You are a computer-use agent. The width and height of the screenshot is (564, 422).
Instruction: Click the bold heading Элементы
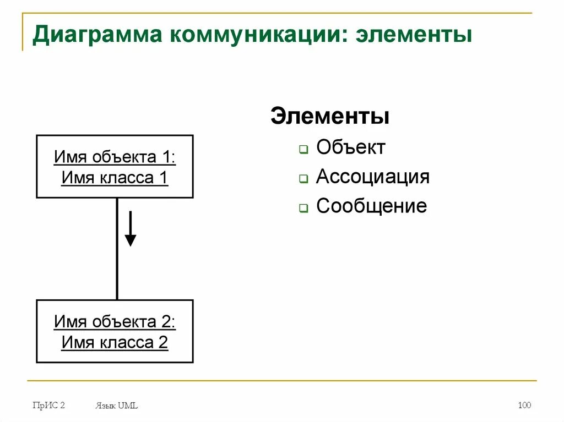[x=330, y=117]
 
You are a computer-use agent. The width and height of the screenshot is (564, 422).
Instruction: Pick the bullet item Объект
[x=351, y=147]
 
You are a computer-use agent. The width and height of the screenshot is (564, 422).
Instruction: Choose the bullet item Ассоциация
[x=373, y=177]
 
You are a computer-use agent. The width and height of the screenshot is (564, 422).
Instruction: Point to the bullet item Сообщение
[x=372, y=206]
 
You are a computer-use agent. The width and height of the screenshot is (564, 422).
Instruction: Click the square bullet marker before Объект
[x=303, y=150]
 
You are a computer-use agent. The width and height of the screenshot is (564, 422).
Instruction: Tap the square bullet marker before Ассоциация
[x=303, y=179]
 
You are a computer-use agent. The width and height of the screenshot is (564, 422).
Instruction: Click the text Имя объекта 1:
[x=115, y=157]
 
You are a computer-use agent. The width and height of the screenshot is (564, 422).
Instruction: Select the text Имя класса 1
[x=115, y=178]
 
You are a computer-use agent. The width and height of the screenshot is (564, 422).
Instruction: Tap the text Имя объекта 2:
[x=115, y=322]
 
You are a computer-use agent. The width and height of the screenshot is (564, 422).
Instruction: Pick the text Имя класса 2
[x=115, y=343]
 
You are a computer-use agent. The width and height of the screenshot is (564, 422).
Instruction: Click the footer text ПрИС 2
[x=48, y=405]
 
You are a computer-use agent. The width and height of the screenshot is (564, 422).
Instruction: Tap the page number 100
[x=524, y=405]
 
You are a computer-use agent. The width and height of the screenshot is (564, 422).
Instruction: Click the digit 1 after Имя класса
[x=164, y=178]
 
